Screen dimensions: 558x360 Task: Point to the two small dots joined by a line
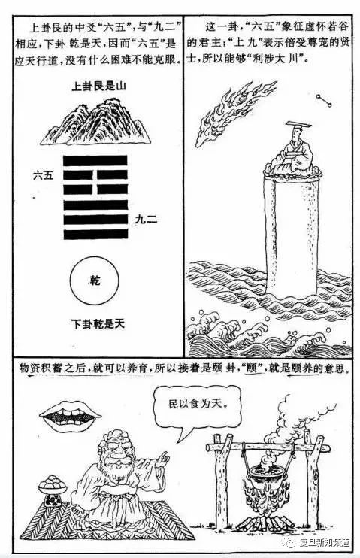[322, 99]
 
